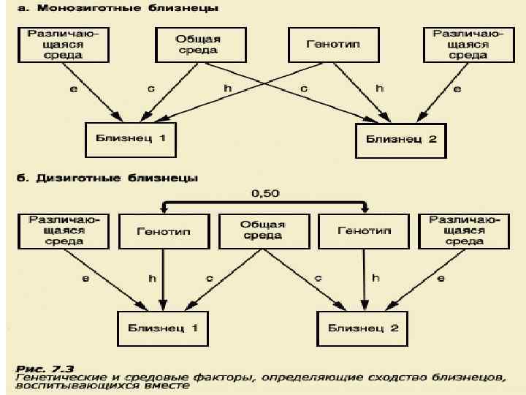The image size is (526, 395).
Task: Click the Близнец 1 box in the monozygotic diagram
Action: (x=131, y=138)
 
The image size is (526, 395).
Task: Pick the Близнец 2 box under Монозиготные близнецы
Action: (x=401, y=138)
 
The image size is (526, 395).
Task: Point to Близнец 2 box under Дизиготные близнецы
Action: (x=362, y=328)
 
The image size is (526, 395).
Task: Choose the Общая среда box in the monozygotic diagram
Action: (x=197, y=45)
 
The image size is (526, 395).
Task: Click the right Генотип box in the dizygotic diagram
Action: (x=364, y=230)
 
